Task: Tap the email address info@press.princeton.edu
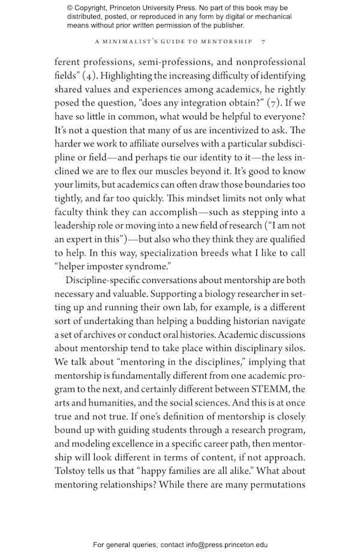pyautogui.click(x=219, y=545)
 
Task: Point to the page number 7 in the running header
pyautogui.click(x=263, y=41)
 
